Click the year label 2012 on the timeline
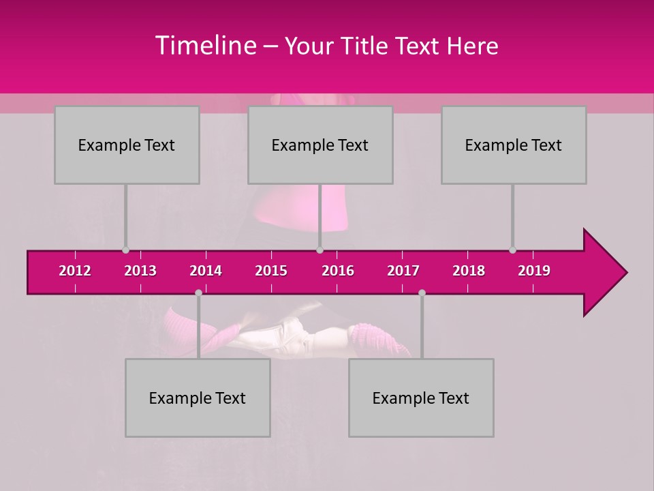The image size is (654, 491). click(x=75, y=271)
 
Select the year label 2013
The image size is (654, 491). click(x=140, y=271)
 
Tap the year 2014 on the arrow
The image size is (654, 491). click(x=206, y=271)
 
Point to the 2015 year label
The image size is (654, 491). click(x=271, y=271)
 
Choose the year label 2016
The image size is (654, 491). click(x=338, y=271)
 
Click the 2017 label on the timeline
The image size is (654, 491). click(x=403, y=271)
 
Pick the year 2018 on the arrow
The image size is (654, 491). click(x=469, y=271)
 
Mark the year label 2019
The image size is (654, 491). click(x=534, y=271)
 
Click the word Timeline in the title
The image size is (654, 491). click(x=205, y=46)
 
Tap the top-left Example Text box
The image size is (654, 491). click(x=127, y=145)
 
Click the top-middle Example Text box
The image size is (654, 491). click(x=320, y=145)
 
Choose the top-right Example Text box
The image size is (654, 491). click(x=514, y=145)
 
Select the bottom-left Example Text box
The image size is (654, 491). click(x=198, y=398)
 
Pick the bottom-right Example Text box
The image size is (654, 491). click(x=421, y=398)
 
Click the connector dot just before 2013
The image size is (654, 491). click(x=125, y=250)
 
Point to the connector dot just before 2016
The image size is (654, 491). click(x=320, y=250)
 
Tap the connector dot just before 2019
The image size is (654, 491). click(x=512, y=250)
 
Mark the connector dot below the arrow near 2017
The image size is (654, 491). click(x=422, y=293)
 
